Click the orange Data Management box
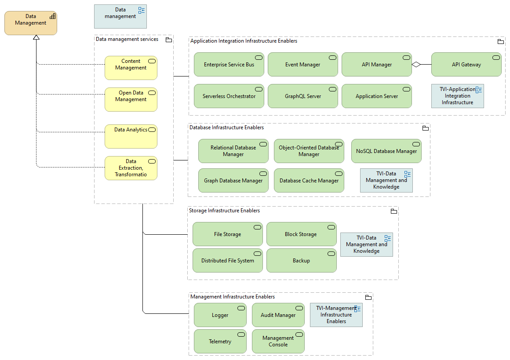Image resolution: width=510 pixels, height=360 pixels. click(30, 23)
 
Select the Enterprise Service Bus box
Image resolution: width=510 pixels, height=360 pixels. click(229, 65)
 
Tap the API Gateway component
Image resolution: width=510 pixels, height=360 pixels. click(466, 65)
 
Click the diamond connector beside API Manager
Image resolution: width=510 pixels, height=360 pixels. click(416, 65)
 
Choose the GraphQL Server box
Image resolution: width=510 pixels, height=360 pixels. click(302, 96)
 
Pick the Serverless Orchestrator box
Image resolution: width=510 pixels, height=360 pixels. click(229, 96)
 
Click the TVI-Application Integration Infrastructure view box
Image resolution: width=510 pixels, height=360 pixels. click(457, 96)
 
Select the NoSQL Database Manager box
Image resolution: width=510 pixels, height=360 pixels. click(386, 151)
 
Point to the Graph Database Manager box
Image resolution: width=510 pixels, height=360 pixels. click(233, 181)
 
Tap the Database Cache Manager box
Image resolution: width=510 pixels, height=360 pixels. click(309, 181)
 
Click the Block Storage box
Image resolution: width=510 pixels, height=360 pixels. click(301, 234)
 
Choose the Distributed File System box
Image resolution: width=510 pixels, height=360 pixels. click(227, 261)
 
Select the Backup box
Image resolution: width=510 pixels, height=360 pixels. click(301, 261)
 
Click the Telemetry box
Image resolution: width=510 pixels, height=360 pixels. click(220, 342)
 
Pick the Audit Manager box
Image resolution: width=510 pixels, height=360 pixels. click(278, 315)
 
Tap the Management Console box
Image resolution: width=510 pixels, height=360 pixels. click(278, 342)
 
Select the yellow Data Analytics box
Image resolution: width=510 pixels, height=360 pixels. click(131, 136)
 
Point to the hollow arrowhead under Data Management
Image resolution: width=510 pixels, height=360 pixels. click(36, 38)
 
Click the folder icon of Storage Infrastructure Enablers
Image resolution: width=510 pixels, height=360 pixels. click(394, 211)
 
